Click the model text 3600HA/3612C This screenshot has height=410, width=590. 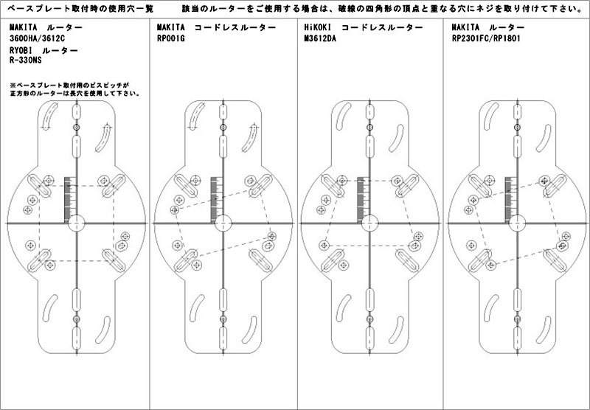click(x=38, y=38)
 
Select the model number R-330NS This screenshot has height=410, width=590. click(x=26, y=60)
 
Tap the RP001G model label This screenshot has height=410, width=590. click(x=171, y=38)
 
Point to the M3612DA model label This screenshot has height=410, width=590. click(x=320, y=38)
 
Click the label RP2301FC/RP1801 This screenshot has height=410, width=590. click(x=486, y=38)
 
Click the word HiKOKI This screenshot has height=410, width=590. click(x=317, y=27)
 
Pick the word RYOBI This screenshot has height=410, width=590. click(x=21, y=50)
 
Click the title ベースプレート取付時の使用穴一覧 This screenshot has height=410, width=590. click(x=77, y=9)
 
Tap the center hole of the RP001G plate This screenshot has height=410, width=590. click(x=223, y=223)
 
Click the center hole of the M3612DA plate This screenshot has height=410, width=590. click(x=370, y=223)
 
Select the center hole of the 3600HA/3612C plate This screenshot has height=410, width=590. click(x=77, y=223)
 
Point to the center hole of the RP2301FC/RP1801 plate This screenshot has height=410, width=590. click(x=518, y=223)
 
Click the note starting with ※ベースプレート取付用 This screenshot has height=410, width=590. click(x=75, y=89)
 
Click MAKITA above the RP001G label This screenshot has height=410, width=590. click(x=171, y=27)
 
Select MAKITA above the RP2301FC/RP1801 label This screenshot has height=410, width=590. click(x=466, y=27)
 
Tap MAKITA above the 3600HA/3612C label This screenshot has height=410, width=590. click(x=24, y=27)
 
